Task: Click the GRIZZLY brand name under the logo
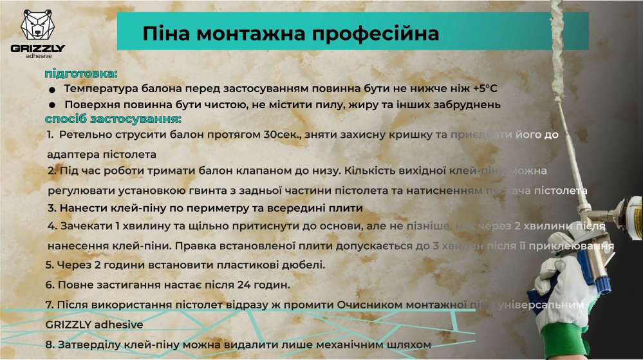(x=38, y=49)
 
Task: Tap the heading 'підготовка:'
(x=81, y=73)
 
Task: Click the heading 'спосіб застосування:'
(x=113, y=120)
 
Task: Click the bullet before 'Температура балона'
(x=53, y=90)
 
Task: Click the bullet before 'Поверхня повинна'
(x=53, y=105)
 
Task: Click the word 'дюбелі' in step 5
(x=305, y=265)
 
